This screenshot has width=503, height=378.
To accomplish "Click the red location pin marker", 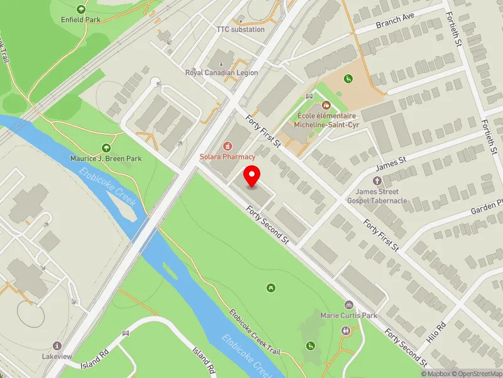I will pos(252,176).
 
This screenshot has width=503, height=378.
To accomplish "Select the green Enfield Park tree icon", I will pos(80,9).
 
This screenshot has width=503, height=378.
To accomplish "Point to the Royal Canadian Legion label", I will pos(221,72).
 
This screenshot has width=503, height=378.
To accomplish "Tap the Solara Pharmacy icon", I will pos(228,146).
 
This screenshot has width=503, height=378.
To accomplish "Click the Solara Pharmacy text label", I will pos(228,156).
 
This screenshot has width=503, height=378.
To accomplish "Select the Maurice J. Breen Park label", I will pos(106,158).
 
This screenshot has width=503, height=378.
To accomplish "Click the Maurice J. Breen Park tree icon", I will pos(106,148).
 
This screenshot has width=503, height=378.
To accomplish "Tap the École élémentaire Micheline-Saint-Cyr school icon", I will pos(326,105).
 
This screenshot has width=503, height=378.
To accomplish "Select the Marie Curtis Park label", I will pos(348,315).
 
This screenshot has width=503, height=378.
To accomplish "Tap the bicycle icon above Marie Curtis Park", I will pos(348,305).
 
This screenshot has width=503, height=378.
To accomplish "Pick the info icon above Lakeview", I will pos(57,346).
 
